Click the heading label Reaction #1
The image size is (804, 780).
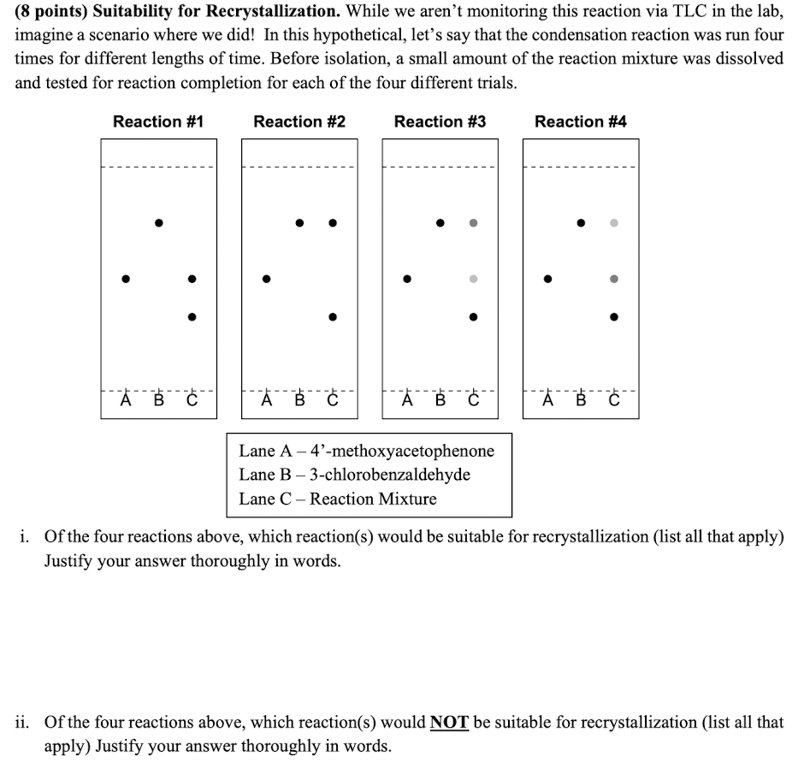[158, 121]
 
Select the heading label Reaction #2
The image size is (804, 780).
[299, 121]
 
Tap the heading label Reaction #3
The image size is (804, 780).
[440, 121]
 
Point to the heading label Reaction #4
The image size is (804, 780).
[580, 121]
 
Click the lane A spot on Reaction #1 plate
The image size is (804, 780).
[126, 278]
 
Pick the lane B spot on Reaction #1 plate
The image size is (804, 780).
[158, 222]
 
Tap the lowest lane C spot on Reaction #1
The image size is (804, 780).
[192, 316]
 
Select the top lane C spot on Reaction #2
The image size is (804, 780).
[333, 222]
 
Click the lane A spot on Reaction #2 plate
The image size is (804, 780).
[267, 278]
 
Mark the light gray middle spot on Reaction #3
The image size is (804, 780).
[473, 278]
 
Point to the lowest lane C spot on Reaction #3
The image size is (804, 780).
[473, 316]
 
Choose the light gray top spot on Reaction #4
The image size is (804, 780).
[613, 222]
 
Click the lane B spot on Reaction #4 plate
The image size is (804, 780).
[581, 222]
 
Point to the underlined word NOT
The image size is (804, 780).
[449, 722]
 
